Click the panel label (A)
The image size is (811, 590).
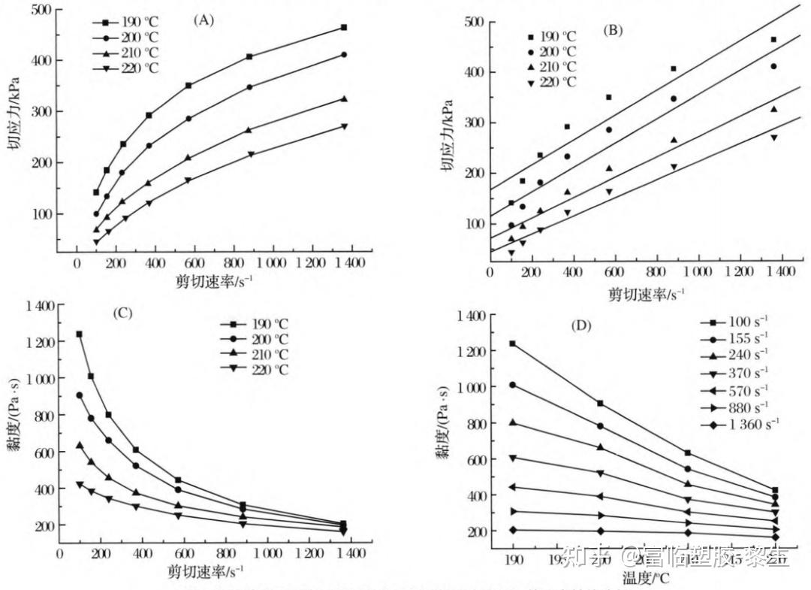point(204,20)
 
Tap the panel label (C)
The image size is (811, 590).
point(122,312)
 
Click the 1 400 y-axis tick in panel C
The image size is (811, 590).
point(38,306)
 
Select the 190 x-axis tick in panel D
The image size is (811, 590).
point(513,560)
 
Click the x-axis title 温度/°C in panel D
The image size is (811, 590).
point(645,578)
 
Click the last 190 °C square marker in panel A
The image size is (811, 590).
point(343,28)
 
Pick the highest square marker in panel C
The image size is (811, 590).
point(79,334)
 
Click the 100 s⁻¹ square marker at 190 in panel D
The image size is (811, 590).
point(513,343)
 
